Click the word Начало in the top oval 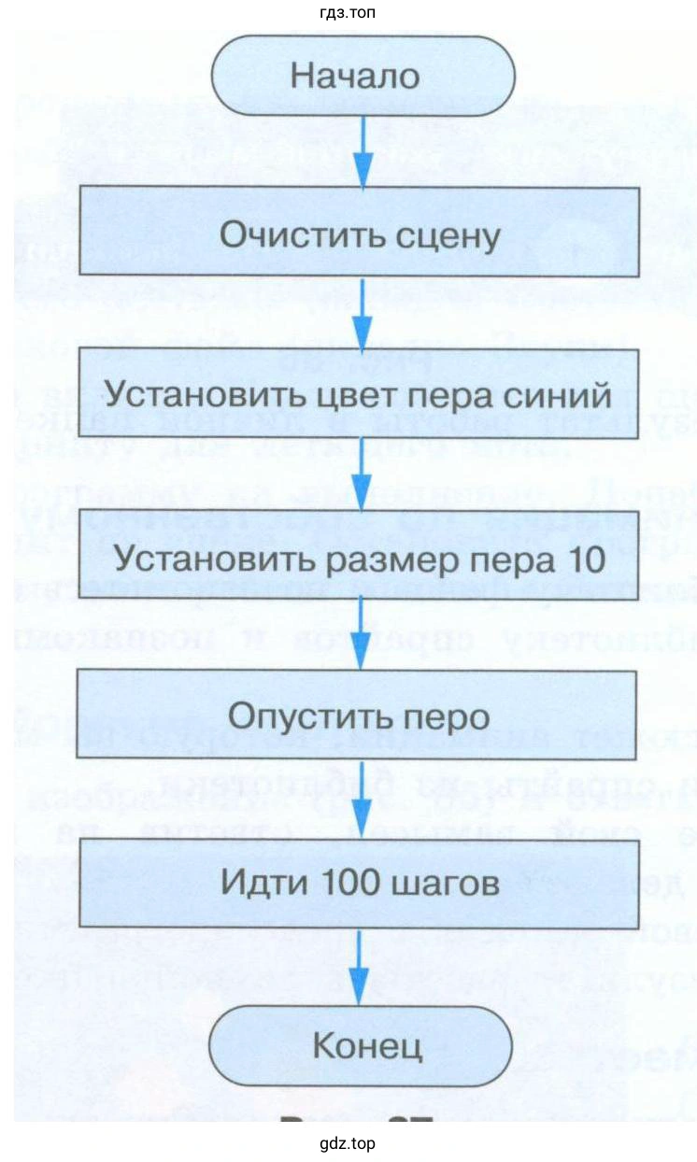click(x=355, y=76)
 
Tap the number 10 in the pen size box click(x=584, y=558)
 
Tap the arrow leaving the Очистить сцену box click(x=362, y=312)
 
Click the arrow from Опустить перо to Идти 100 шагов click(x=362, y=800)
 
